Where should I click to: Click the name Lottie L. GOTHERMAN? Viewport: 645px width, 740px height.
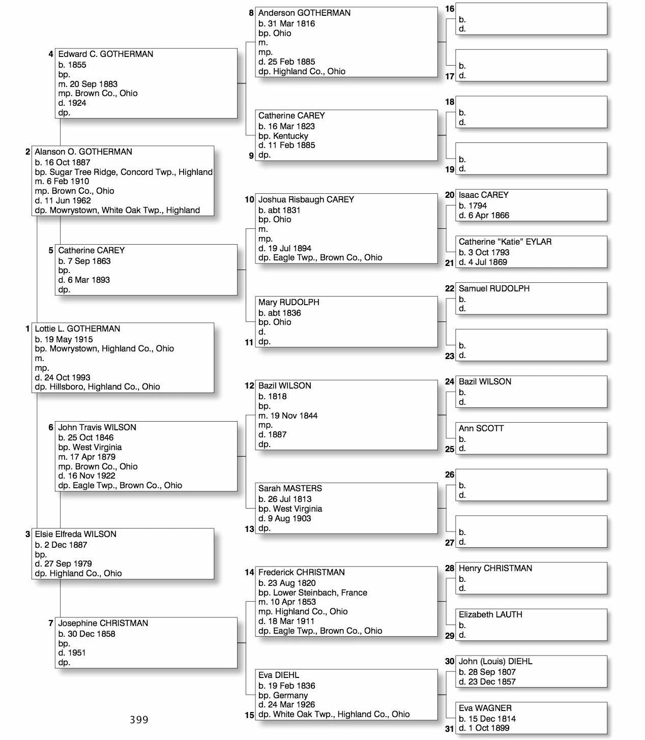pyautogui.click(x=77, y=329)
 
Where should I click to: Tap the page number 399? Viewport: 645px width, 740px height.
pyautogui.click(x=139, y=720)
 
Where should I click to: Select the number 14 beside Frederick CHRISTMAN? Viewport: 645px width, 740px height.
pyautogui.click(x=249, y=573)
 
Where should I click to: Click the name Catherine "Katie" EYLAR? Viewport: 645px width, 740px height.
pyautogui.click(x=505, y=242)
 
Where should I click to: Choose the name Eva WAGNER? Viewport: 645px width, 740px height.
pyautogui.click(x=485, y=708)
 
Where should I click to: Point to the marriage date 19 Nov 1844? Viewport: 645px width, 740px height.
pyautogui.click(x=294, y=416)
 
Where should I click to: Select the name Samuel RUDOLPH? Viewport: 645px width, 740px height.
pyautogui.click(x=493, y=289)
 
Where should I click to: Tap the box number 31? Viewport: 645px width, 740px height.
pyautogui.click(x=449, y=729)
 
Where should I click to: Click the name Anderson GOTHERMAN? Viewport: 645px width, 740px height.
pyautogui.click(x=304, y=13)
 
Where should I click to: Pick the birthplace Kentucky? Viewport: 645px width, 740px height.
pyautogui.click(x=290, y=136)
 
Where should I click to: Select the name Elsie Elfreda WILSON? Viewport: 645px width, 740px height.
pyautogui.click(x=75, y=535)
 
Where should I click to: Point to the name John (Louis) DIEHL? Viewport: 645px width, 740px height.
pyautogui.click(x=495, y=662)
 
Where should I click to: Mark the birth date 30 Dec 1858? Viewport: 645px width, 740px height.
pyautogui.click(x=92, y=634)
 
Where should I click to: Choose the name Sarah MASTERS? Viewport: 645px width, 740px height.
pyautogui.click(x=290, y=489)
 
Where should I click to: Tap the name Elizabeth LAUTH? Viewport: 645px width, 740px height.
pyautogui.click(x=490, y=615)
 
